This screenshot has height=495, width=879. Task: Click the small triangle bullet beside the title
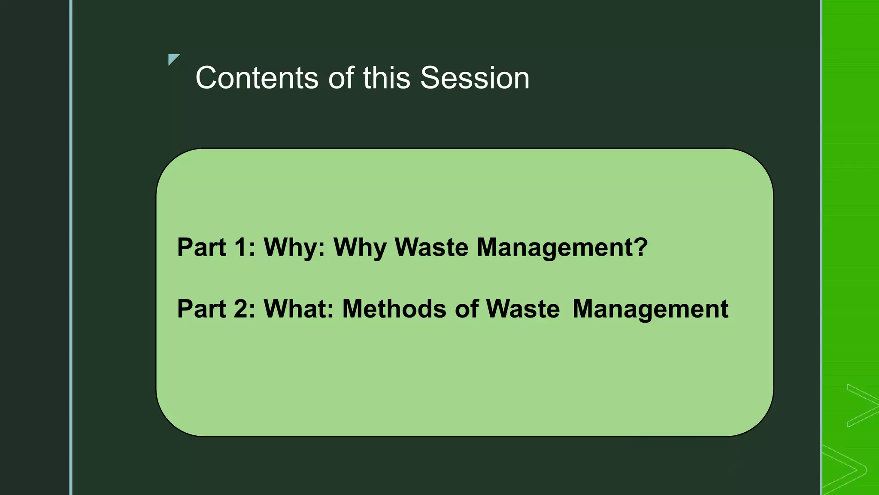click(x=173, y=59)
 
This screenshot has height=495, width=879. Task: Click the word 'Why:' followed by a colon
click(x=294, y=248)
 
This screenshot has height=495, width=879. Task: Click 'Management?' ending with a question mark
click(x=562, y=248)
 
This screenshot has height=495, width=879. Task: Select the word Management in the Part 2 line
click(x=650, y=309)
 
